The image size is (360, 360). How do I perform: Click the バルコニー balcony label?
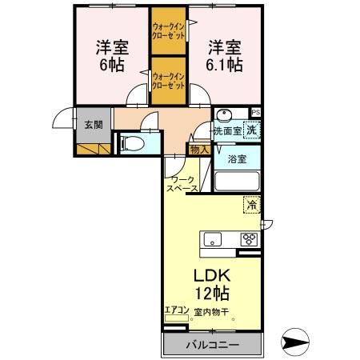click(x=212, y=345)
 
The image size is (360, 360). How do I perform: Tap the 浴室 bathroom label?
click(x=236, y=158)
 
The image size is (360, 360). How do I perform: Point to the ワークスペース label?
click(x=182, y=183)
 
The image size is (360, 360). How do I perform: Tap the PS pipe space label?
click(x=255, y=112)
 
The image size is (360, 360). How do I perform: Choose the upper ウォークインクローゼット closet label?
click(x=168, y=31)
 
